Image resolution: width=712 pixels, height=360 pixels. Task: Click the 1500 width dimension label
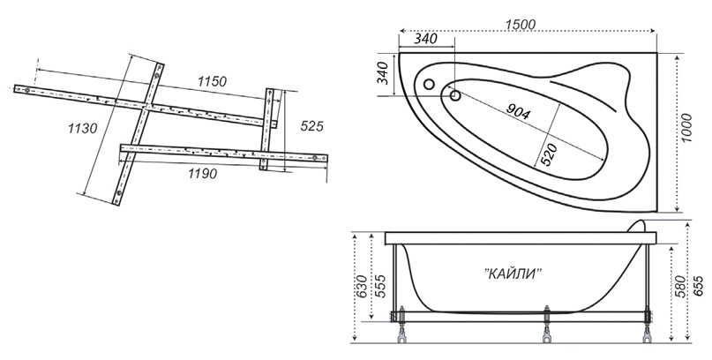coord(521,25)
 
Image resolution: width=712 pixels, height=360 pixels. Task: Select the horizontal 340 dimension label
coord(425,39)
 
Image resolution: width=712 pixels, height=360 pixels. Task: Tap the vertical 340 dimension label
coord(383,72)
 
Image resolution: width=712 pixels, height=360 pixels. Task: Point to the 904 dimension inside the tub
coord(518,111)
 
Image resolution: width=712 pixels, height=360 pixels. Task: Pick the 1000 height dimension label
coord(687,128)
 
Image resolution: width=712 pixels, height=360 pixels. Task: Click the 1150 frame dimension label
coord(212,82)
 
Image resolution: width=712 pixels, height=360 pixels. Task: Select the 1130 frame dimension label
coord(82,129)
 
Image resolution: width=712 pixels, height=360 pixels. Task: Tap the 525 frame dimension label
coord(311,127)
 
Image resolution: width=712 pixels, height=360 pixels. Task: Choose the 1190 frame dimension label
coord(202,173)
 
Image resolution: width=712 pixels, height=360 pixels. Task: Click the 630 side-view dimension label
coord(362,285)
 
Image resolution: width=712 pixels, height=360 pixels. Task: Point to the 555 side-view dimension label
coord(380,286)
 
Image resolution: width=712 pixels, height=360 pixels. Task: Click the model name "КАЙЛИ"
coord(513,274)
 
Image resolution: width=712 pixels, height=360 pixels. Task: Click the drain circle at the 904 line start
coord(455,95)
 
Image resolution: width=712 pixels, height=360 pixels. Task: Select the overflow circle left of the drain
coord(428,84)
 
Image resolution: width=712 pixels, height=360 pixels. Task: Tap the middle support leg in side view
coord(548,326)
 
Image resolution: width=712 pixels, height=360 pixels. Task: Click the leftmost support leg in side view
coord(401,326)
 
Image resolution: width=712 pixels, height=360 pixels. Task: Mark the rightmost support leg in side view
coord(646,326)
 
